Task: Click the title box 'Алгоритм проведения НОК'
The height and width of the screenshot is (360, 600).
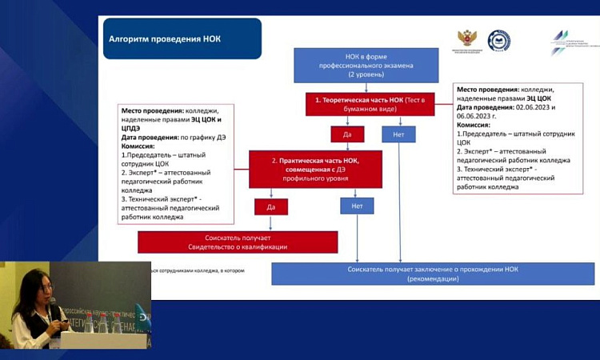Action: pyautogui.click(x=182, y=38)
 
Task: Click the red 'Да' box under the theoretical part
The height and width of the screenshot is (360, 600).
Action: pyautogui.click(x=347, y=134)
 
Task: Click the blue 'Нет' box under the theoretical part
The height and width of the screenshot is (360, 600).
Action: pyautogui.click(x=398, y=134)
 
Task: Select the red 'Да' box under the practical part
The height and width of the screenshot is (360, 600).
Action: pyautogui.click(x=271, y=206)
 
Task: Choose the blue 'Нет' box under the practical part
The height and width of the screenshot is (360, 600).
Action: pyautogui.click(x=357, y=206)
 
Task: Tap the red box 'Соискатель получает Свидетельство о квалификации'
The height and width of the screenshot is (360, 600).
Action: pyautogui.click(x=238, y=242)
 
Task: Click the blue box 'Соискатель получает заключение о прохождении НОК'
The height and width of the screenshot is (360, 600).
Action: pyautogui.click(x=432, y=274)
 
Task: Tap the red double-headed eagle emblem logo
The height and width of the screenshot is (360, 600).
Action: pyautogui.click(x=467, y=39)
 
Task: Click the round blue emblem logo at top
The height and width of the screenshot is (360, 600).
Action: pyautogui.click(x=500, y=41)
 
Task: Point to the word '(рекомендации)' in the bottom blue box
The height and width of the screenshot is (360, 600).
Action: pyautogui.click(x=432, y=278)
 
